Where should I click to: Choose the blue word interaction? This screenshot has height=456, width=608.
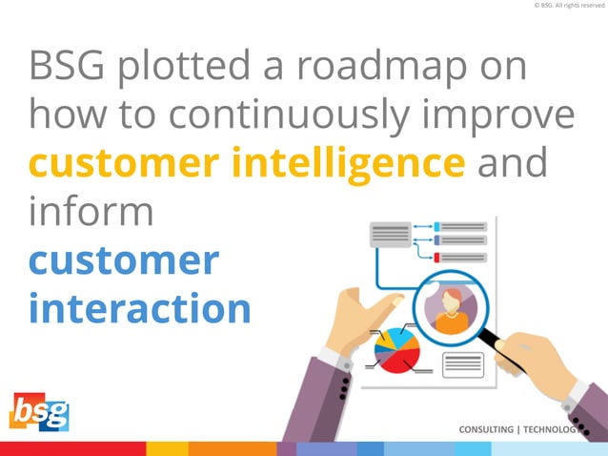(x=140, y=307)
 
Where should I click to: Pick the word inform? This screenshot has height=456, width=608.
(x=91, y=211)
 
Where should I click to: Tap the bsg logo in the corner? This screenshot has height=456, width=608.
(x=40, y=412)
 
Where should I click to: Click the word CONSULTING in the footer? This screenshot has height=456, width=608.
(x=485, y=429)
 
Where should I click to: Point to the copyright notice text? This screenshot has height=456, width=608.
(x=569, y=6)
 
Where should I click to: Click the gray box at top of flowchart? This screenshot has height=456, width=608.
(x=390, y=233)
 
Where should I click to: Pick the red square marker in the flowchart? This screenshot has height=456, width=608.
(x=436, y=258)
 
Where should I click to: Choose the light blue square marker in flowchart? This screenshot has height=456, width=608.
(x=436, y=227)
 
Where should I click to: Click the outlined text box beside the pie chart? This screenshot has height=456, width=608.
(x=463, y=364)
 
